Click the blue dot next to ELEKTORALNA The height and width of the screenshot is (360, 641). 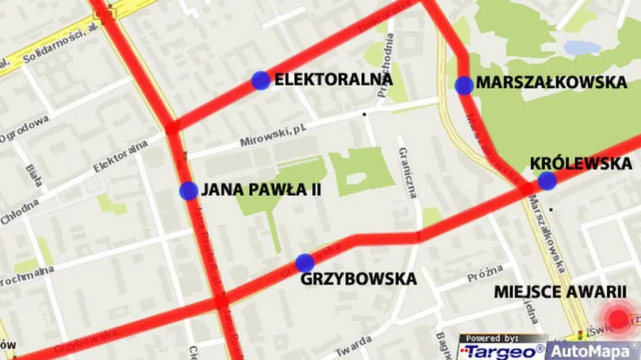pyautogui.click(x=261, y=81)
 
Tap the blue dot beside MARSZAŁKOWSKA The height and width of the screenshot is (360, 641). pyautogui.click(x=464, y=85)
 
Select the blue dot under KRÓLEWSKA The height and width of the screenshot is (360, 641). pyautogui.click(x=547, y=181)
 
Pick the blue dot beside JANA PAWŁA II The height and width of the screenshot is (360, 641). pyautogui.click(x=188, y=191)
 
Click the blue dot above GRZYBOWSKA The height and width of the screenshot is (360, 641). pyautogui.click(x=305, y=263)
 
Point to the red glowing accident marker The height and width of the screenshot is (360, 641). pyautogui.click(x=618, y=318)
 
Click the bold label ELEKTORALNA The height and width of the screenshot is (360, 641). pyautogui.click(x=334, y=80)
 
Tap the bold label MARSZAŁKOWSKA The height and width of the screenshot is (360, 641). pyautogui.click(x=551, y=82)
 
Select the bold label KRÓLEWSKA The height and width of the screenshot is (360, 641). pyautogui.click(x=580, y=163)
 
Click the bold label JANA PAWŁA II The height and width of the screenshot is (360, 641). pyautogui.click(x=261, y=190)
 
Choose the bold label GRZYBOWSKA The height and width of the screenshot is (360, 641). pyautogui.click(x=358, y=279)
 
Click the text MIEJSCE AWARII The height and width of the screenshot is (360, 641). pyautogui.click(x=560, y=292)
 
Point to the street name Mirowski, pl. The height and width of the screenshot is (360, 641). pyautogui.click(x=269, y=136)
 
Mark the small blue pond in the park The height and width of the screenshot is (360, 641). pyautogui.click(x=582, y=48)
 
